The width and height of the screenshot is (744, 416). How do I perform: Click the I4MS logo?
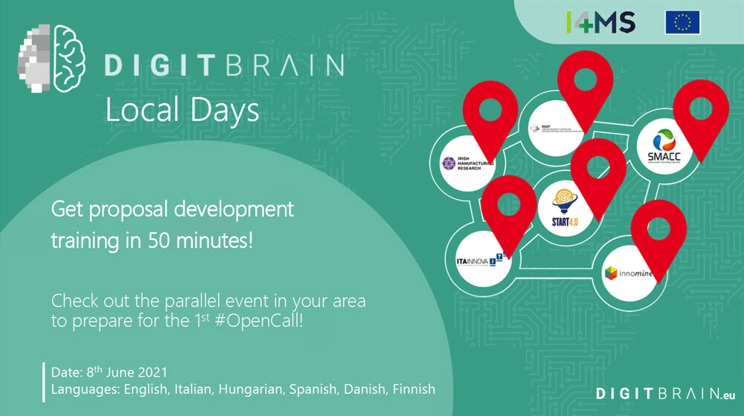click(600, 22)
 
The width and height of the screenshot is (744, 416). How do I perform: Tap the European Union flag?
click(682, 22)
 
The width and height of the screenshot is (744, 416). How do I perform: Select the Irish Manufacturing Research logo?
click(462, 163)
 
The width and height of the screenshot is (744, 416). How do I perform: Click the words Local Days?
click(182, 110)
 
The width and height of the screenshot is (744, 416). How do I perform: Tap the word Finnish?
click(411, 389)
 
